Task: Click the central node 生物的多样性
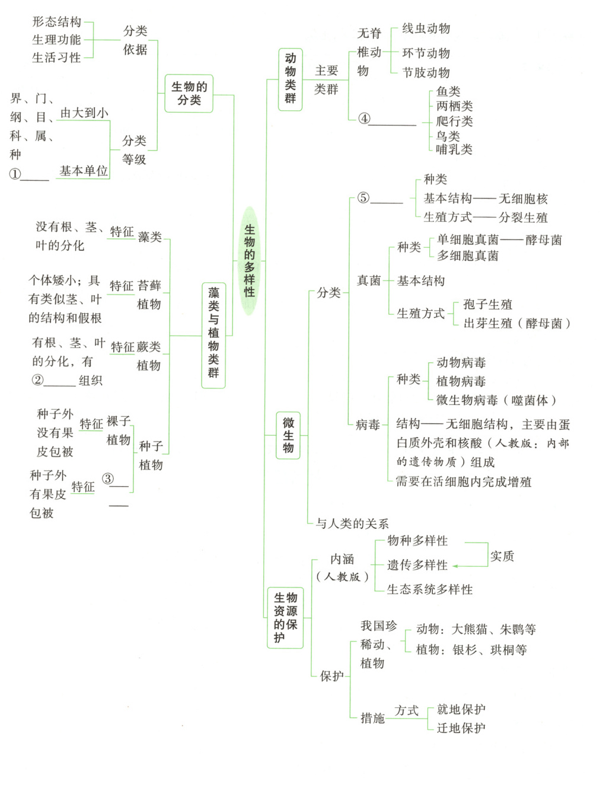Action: pos(250,261)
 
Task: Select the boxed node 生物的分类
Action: pos(189,94)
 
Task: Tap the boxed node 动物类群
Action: pos(290,79)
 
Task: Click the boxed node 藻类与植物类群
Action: pos(213,335)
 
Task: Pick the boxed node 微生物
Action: pos(288,436)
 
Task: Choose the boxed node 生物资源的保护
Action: pos(285,617)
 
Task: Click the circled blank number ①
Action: pos(15,174)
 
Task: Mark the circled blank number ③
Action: pos(108,478)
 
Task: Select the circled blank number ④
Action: pos(364,119)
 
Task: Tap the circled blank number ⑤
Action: pos(363,198)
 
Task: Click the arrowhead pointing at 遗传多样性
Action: pos(455,566)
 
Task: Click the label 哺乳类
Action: pos(454,149)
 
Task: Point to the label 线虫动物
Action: pos(426,28)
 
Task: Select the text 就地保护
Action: pos(461,709)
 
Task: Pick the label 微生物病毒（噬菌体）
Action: pos(497,400)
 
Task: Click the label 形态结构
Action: pos(56,22)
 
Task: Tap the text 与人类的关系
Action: pos(352,524)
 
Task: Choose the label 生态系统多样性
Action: pos(430,589)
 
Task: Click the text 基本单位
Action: pos(84,171)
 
